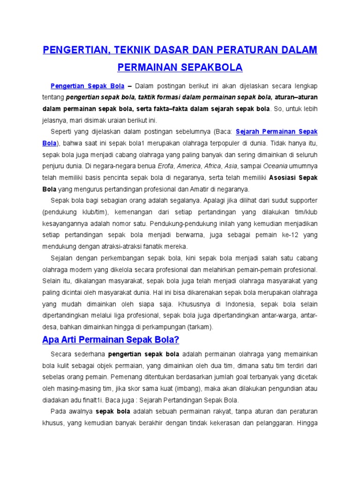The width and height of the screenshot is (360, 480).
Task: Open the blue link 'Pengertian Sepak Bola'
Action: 87,86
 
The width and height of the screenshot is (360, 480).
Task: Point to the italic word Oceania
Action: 276,165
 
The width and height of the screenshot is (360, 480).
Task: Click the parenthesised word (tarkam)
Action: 199,327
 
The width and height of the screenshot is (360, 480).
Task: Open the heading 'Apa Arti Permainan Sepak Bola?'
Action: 111,339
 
